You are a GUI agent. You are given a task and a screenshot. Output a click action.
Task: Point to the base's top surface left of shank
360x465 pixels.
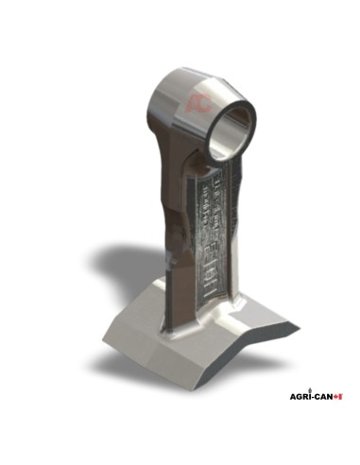point(151,312)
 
